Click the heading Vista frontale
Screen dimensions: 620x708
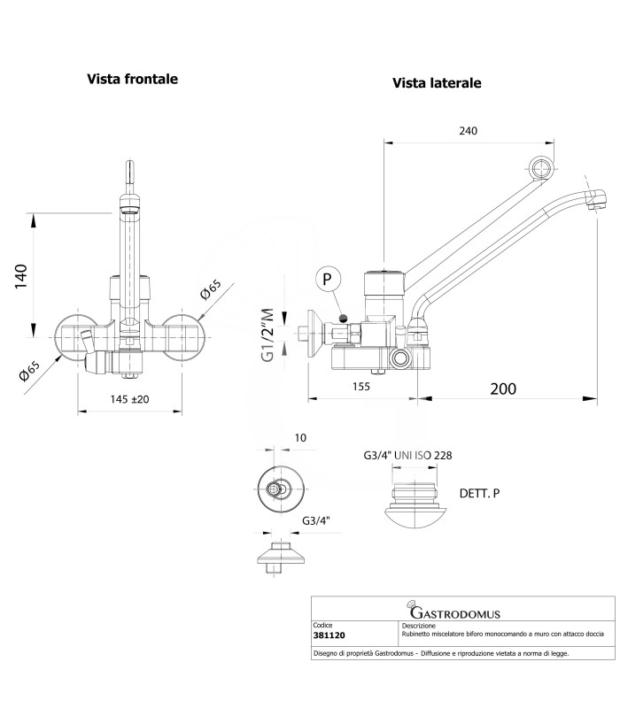(132, 79)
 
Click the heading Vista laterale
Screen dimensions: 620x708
(437, 83)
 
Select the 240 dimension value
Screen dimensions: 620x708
(469, 131)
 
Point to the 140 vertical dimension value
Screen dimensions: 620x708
(20, 277)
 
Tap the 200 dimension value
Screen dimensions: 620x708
(503, 389)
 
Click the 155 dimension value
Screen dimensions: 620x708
(361, 387)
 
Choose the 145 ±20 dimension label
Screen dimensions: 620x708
(129, 400)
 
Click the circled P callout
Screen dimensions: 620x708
(327, 279)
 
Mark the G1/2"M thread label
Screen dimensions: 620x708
(267, 335)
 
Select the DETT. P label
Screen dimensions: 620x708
(479, 494)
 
